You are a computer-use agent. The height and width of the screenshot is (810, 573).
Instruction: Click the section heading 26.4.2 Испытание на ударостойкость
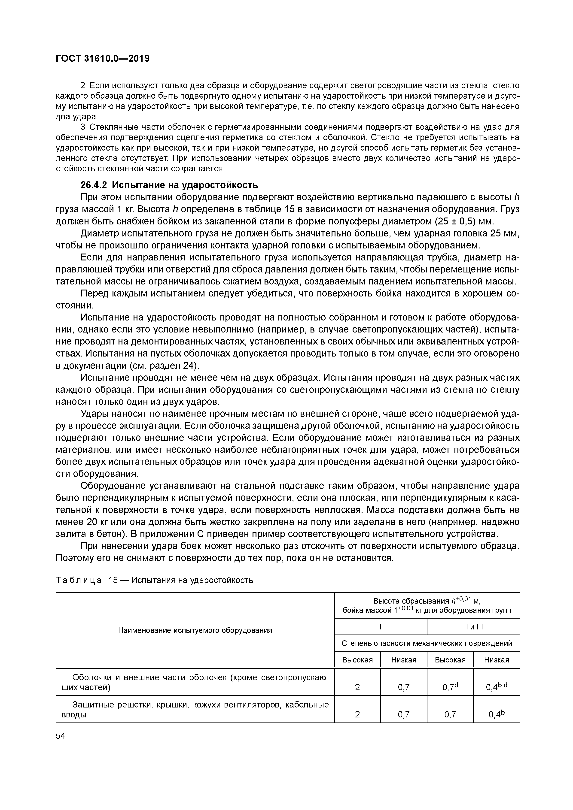click(x=169, y=185)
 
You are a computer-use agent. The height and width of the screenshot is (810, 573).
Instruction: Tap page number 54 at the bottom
click(x=61, y=736)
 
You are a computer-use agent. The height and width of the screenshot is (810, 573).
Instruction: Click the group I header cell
click(x=380, y=627)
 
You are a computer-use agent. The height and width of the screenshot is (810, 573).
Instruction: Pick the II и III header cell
click(x=473, y=627)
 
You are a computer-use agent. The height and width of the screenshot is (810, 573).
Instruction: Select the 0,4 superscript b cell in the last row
click(x=496, y=714)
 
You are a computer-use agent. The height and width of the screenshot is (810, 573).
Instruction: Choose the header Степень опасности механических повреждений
click(x=427, y=643)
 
